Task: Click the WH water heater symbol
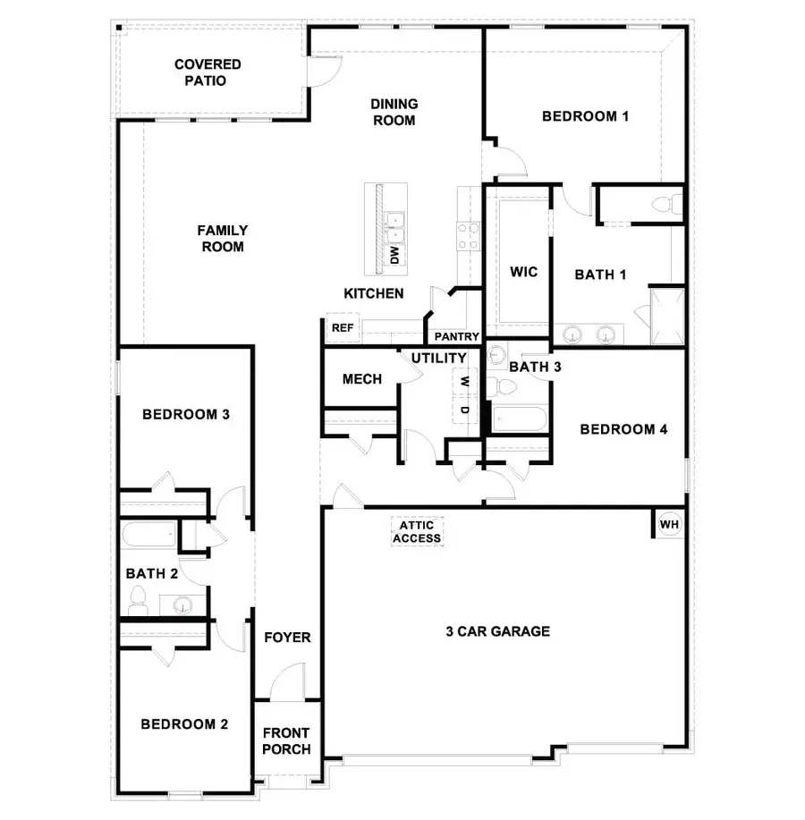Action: click(668, 524)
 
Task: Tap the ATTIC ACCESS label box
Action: click(417, 532)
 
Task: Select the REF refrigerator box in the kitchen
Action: click(343, 328)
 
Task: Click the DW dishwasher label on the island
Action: click(393, 255)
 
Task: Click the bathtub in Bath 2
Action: click(149, 537)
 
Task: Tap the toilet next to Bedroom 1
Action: click(663, 204)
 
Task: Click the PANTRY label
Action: click(457, 337)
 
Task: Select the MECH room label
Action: click(362, 379)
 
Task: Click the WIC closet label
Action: click(523, 272)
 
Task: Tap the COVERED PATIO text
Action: click(208, 72)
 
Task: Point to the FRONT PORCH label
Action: click(286, 741)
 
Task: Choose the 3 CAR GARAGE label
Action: click(497, 631)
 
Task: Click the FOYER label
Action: click(287, 638)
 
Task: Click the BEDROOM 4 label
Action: click(624, 429)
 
